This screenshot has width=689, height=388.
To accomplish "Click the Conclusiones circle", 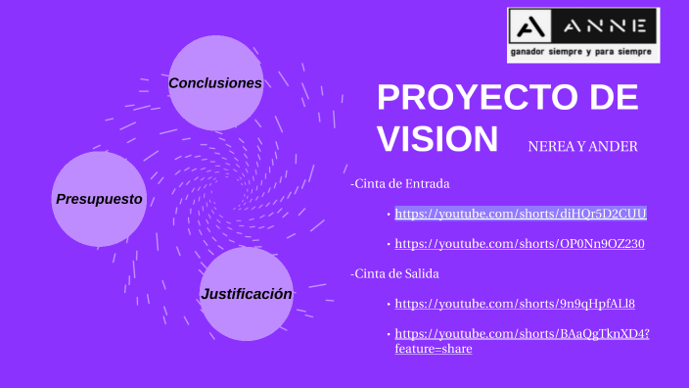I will (x=215, y=83).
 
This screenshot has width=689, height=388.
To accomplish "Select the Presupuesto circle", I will (x=99, y=198).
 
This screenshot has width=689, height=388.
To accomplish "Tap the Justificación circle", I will (x=247, y=293).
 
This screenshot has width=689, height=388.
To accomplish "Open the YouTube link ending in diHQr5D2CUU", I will (x=521, y=214).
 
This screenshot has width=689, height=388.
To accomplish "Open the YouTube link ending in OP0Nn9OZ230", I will (x=520, y=244).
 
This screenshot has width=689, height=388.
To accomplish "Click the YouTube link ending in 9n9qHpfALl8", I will (x=515, y=304).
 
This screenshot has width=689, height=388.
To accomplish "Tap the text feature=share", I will (x=434, y=349).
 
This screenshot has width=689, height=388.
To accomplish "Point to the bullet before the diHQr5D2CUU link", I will (x=388, y=214).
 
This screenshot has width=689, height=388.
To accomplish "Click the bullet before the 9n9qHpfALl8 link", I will (x=388, y=304).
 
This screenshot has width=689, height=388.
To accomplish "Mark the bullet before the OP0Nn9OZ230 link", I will (x=388, y=244).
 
